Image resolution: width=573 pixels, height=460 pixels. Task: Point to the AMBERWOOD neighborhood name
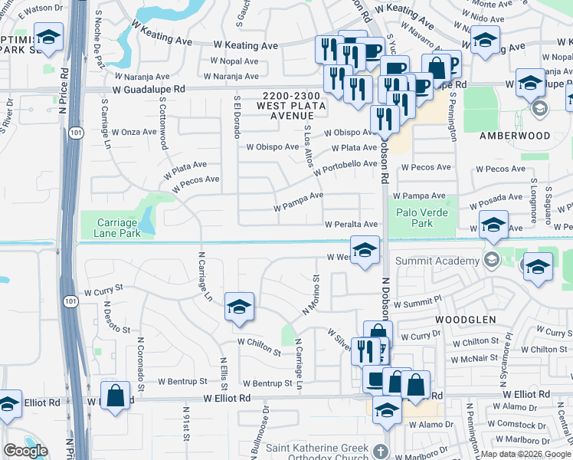tap(515, 136)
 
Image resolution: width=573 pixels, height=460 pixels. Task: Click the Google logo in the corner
tap(25, 450)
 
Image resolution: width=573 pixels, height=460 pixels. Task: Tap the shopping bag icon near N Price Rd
tap(115, 396)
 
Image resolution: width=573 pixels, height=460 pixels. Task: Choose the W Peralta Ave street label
tap(351, 225)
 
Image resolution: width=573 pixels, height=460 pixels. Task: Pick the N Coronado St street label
tap(141, 357)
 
